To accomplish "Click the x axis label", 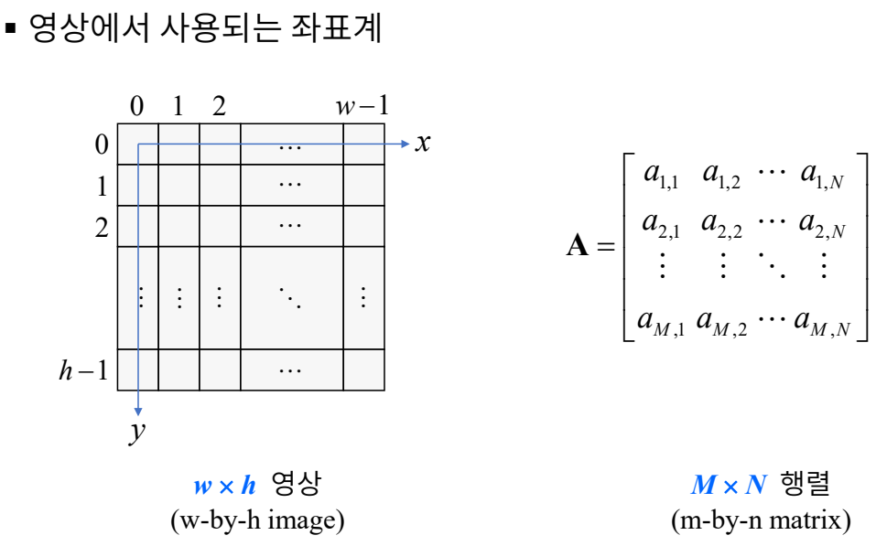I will [422, 143].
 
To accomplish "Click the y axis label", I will [137, 432].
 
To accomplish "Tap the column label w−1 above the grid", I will [362, 106].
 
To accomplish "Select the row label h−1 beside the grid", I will [83, 369].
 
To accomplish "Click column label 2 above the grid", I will [219, 106].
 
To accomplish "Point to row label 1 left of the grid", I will [102, 186].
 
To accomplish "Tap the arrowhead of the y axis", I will [138, 412].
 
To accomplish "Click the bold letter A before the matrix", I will [578, 247].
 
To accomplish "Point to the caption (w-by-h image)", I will [257, 521].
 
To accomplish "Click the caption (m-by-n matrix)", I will [760, 521].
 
